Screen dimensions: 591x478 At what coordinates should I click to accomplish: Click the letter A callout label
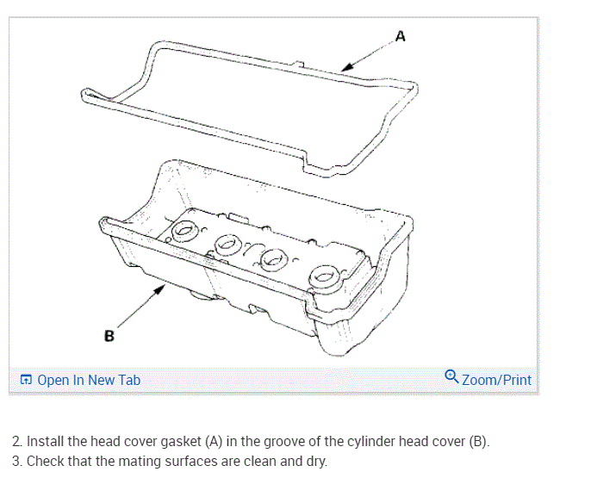[400, 36]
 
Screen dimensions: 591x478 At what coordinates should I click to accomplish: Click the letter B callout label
[109, 336]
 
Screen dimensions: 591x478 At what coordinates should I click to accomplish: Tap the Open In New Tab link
[89, 380]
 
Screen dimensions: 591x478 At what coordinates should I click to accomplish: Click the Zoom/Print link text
[496, 380]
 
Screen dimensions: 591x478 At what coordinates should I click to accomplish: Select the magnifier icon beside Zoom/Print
[451, 377]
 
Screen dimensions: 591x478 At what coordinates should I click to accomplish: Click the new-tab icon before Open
[26, 380]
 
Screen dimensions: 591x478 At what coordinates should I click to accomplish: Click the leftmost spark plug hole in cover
[184, 231]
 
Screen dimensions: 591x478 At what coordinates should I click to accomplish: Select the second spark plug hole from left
[230, 245]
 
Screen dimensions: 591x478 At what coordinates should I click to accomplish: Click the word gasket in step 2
[176, 442]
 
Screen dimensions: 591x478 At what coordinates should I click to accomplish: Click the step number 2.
[16, 442]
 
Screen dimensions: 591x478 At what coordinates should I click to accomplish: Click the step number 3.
[16, 461]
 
